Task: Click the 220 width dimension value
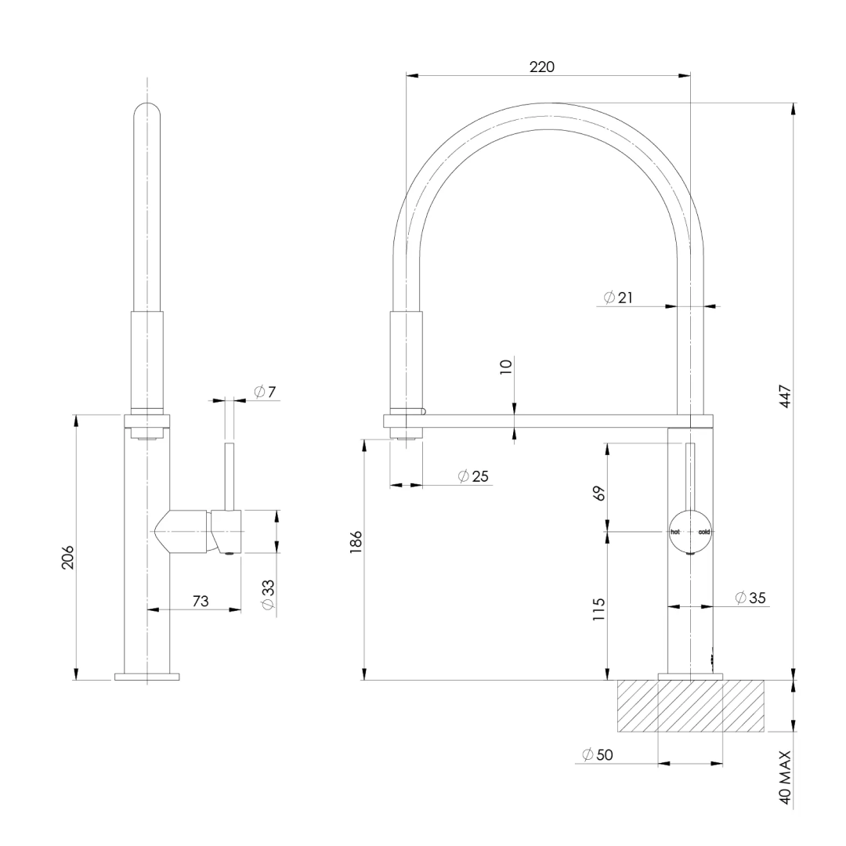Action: [x=541, y=67]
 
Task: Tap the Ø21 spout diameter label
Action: [x=618, y=298]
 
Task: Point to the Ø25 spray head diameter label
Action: [x=473, y=476]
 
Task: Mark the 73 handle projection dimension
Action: [x=201, y=601]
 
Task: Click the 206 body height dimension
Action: [x=68, y=557]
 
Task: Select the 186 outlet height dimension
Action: [x=356, y=541]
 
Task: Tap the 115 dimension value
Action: [x=599, y=609]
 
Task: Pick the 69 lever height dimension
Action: [x=599, y=493]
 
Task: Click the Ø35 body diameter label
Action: [x=750, y=598]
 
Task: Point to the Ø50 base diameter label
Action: [x=598, y=755]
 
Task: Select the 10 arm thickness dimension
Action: [x=506, y=365]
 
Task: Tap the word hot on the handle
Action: [x=676, y=532]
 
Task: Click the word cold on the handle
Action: [x=704, y=532]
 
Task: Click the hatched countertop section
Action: [x=690, y=706]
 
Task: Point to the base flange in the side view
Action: [x=146, y=676]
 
